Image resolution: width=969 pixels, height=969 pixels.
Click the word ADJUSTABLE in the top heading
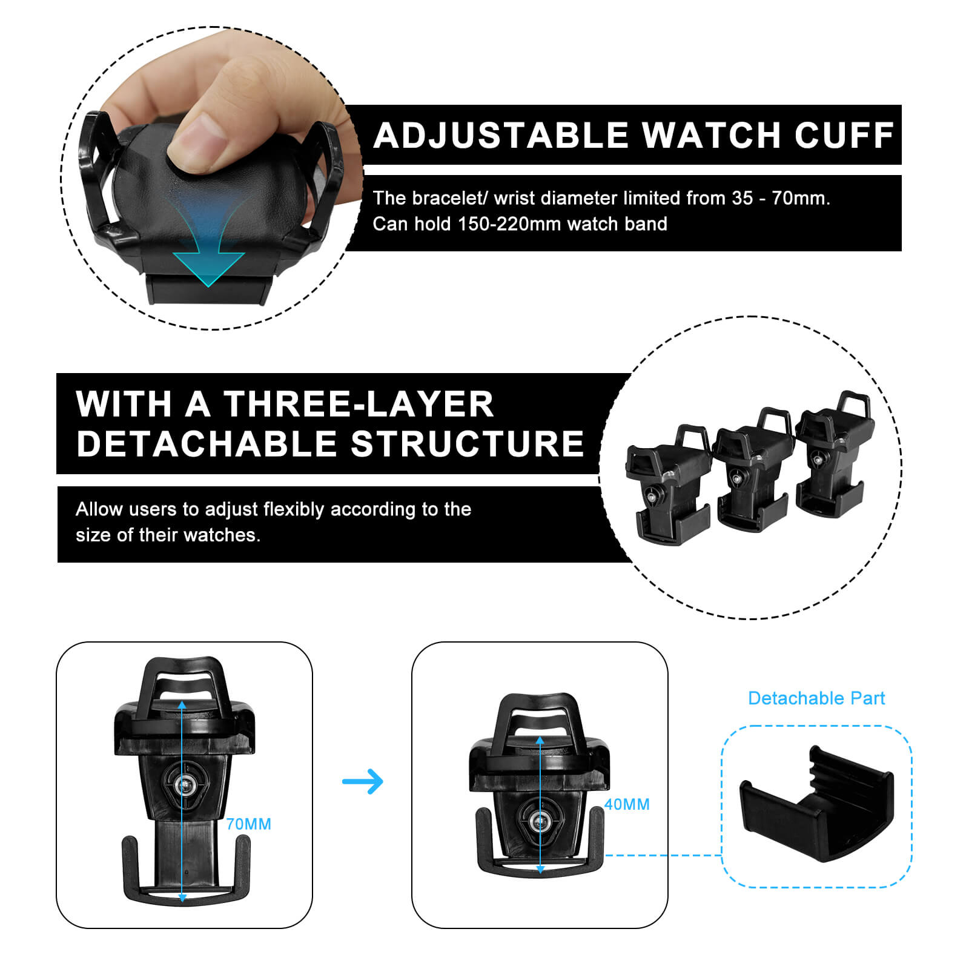point(501,134)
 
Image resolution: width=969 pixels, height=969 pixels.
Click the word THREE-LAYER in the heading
point(359,404)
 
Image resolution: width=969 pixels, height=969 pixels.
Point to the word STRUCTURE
point(468,444)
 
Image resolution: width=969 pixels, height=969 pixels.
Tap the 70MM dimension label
point(248,824)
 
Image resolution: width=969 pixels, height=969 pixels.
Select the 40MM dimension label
point(627,804)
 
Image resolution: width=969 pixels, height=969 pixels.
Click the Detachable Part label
point(816,698)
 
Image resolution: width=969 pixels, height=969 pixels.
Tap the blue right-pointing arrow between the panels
point(363,781)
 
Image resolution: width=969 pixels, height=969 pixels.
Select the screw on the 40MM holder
point(539,822)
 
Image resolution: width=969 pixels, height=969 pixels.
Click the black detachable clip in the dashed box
point(816,803)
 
